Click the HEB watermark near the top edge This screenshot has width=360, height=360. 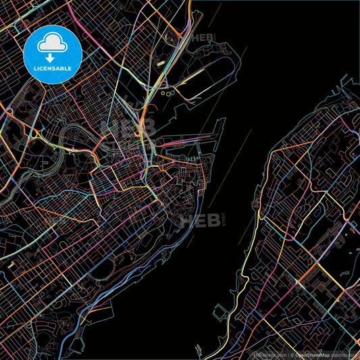pos(202,38)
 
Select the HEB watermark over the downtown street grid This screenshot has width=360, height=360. pos(128,128)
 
